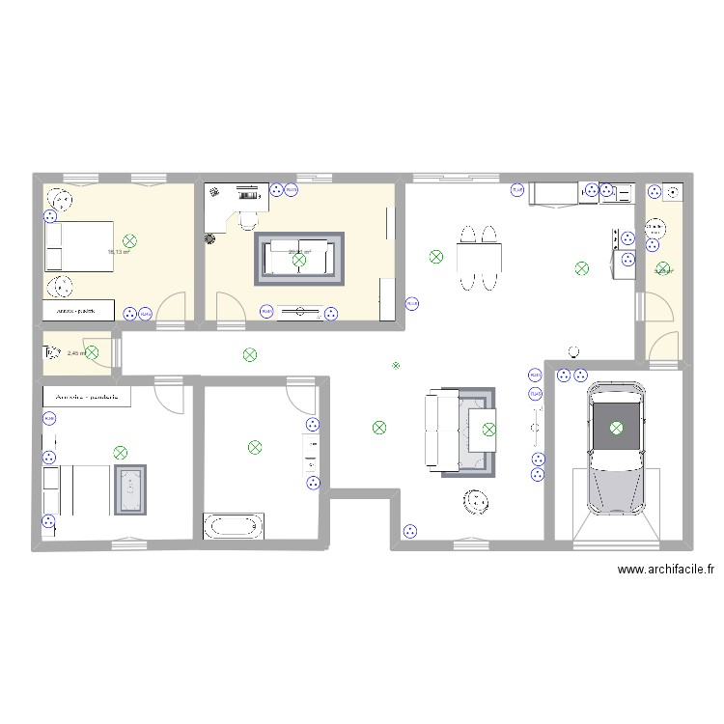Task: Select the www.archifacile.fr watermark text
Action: tap(666, 571)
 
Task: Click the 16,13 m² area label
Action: tap(117, 252)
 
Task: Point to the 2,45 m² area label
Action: tap(77, 353)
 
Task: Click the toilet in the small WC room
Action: tap(51, 354)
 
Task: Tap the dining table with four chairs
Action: tap(480, 258)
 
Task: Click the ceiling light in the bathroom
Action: tap(255, 447)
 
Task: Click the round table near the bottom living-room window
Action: tap(476, 502)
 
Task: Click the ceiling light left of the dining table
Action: tap(436, 257)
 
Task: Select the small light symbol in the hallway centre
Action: tap(395, 365)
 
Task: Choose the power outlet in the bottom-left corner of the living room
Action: tap(409, 529)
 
